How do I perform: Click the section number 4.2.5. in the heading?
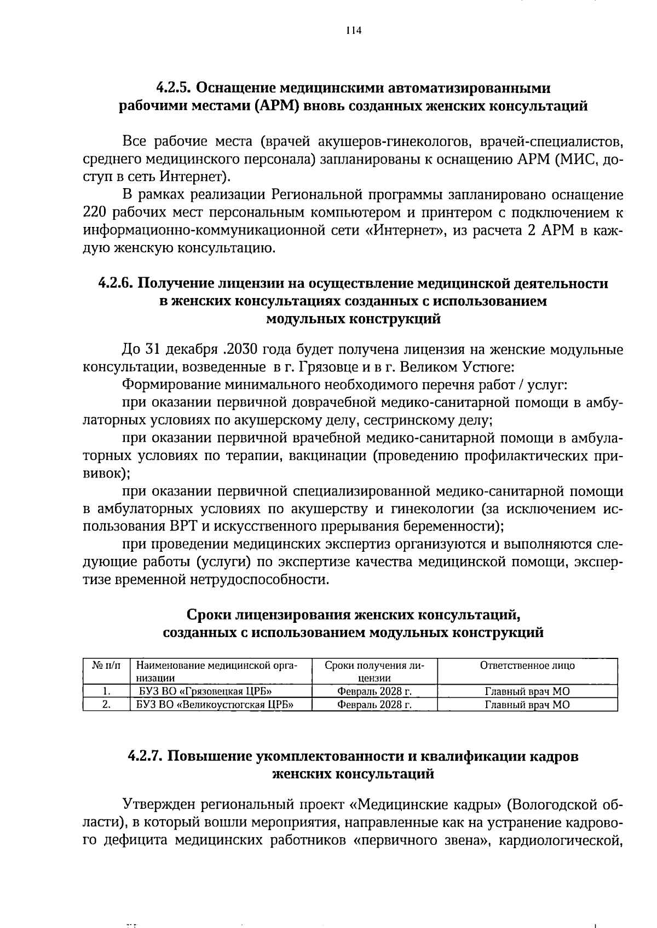point(173,88)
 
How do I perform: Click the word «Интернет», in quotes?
point(405,230)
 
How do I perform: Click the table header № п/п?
point(106,666)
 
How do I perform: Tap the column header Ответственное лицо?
point(527,666)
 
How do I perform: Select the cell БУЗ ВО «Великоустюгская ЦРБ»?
point(215,705)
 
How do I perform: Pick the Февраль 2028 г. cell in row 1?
point(374,692)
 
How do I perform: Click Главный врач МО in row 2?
point(527,705)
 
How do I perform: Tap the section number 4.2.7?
point(146,757)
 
